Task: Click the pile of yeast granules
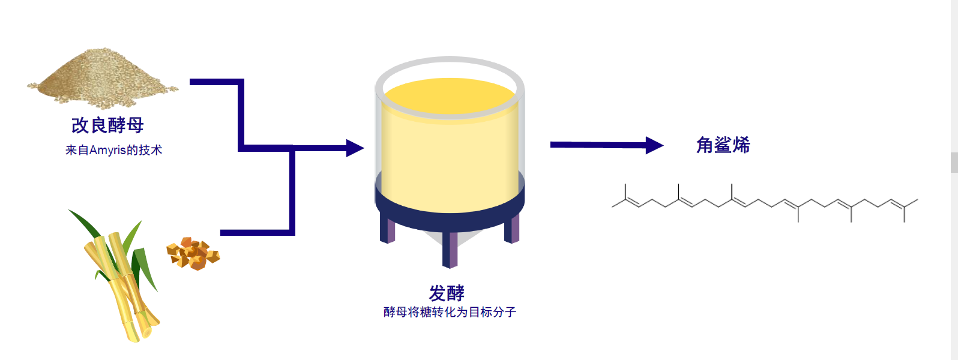click(x=102, y=81)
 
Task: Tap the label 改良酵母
click(x=107, y=125)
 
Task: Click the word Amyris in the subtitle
click(x=107, y=150)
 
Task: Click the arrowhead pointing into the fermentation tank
click(x=355, y=148)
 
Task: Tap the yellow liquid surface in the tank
click(x=450, y=96)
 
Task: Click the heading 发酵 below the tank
click(x=447, y=293)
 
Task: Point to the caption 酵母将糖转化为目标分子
click(x=450, y=312)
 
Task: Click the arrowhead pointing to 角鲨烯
click(x=654, y=145)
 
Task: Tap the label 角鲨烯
click(x=723, y=145)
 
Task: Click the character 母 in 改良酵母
click(x=135, y=125)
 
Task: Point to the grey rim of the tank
click(x=450, y=61)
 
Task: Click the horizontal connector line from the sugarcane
click(x=255, y=232)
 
